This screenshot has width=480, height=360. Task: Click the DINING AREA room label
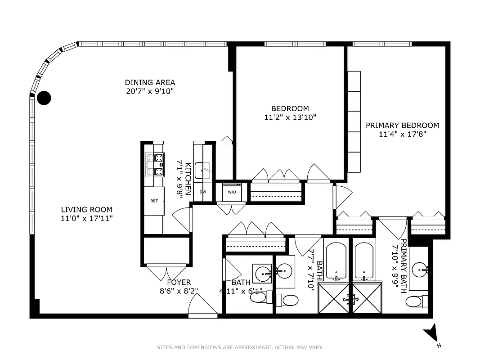click(x=150, y=82)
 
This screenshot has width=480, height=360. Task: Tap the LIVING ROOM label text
click(x=87, y=210)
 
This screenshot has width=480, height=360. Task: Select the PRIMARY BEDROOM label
click(x=402, y=126)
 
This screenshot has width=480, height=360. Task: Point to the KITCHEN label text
click(x=188, y=179)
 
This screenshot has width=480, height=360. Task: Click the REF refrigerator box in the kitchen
click(x=153, y=202)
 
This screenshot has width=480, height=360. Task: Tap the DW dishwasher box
click(x=203, y=192)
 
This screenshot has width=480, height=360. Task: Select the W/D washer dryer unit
click(x=232, y=192)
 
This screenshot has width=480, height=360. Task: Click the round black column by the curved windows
click(x=44, y=98)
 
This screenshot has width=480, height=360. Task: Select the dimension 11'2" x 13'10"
click(x=290, y=117)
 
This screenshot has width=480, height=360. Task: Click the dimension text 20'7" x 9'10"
click(x=150, y=91)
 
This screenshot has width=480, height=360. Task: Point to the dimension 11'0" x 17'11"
click(x=87, y=218)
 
